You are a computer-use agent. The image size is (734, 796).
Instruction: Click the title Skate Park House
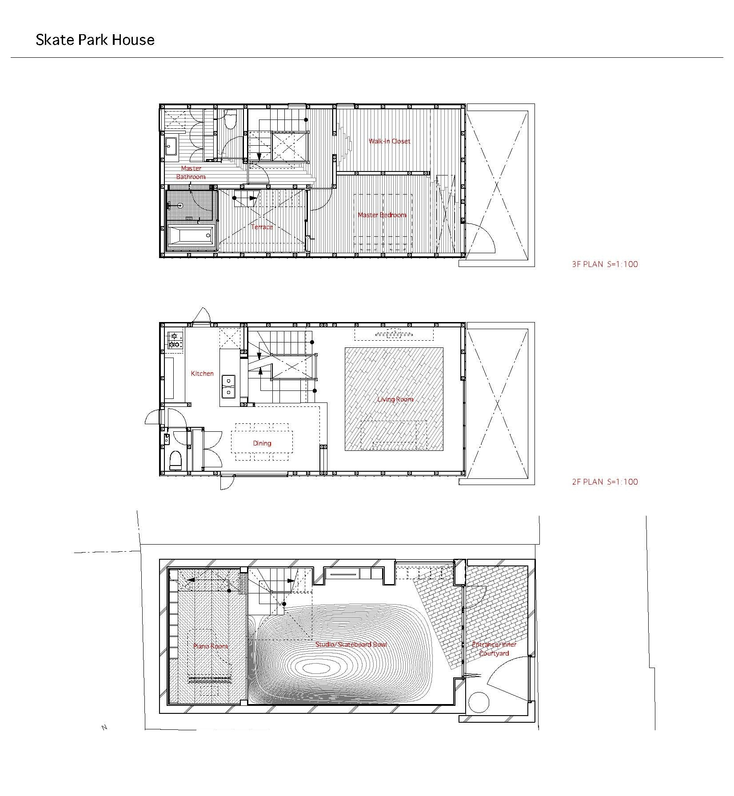95,40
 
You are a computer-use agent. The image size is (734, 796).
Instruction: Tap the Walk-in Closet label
389,141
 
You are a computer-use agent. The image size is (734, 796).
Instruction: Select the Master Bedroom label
382,215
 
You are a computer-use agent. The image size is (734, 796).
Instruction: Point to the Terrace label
262,227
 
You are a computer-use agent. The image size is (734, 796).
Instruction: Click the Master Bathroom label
191,172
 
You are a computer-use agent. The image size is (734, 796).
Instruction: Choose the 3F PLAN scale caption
605,264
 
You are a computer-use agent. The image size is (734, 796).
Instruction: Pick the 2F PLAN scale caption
605,482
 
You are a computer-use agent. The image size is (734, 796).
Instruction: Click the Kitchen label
202,374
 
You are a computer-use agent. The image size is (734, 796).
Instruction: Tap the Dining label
262,443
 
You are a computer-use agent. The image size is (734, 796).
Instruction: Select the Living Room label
395,399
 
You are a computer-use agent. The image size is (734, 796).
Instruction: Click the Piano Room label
211,646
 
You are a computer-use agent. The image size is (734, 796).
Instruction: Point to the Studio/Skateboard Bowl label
351,644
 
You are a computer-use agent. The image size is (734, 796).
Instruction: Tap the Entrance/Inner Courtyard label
494,649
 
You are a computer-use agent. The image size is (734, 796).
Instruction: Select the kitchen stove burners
175,340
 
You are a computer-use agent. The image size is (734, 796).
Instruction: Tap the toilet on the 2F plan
176,461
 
